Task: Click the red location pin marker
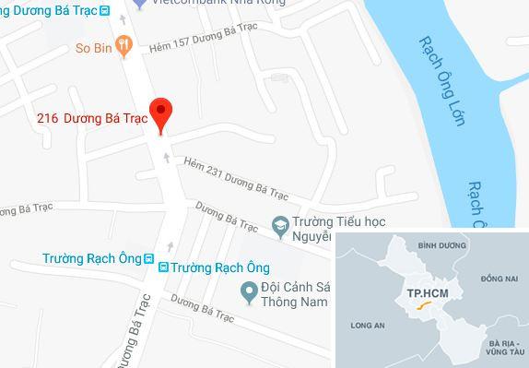point(162,115)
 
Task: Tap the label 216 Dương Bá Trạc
point(92,118)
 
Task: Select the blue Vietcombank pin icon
point(139,3)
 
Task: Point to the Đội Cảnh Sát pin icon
point(247,292)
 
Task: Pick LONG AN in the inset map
point(367,325)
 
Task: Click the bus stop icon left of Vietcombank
point(104,10)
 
